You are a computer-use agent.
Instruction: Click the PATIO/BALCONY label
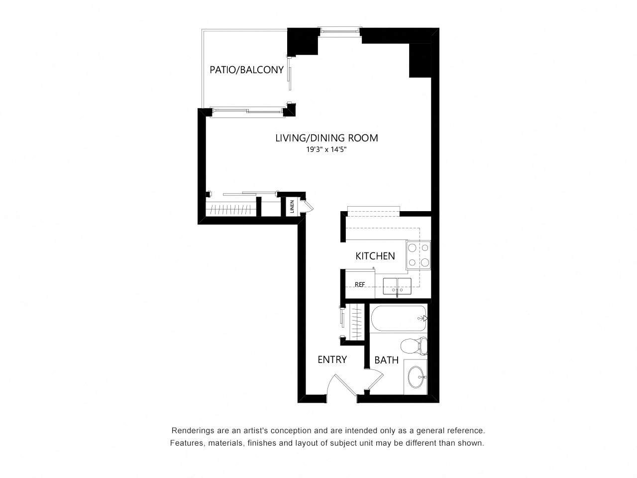pos(246,70)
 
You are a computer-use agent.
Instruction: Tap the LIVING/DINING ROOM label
pos(326,138)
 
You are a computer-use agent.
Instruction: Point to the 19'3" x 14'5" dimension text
pos(326,149)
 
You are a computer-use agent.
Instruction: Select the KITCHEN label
pos(375,256)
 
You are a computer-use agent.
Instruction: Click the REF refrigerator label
pos(360,285)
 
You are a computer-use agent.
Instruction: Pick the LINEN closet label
pos(292,206)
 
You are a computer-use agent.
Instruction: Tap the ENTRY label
pos(332,359)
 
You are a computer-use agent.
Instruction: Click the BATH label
pos(386,360)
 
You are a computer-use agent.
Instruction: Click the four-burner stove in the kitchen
pos(418,255)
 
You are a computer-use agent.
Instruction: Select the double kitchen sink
pos(397,286)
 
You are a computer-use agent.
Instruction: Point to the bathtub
pos(399,318)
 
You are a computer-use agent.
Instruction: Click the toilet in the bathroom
pos(414,346)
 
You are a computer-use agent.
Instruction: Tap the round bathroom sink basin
pos(416,377)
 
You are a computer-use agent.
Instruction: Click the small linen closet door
pos(309,207)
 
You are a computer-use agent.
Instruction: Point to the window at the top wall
pos(339,30)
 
